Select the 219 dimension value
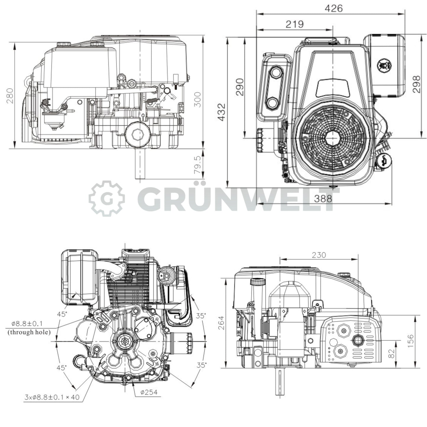coord(295,24)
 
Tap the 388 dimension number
coord(323,199)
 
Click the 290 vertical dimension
coord(240,87)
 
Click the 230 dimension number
coord(319,255)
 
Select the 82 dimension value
coord(392,354)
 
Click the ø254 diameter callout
coord(149,392)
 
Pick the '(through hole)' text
coord(29,332)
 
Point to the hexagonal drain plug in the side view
coord(138,135)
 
